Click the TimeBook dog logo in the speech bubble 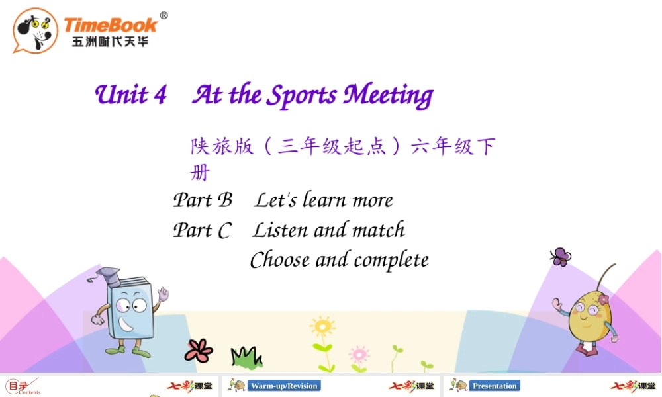tap(36, 31)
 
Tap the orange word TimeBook tap(111, 25)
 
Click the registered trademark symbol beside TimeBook tap(164, 15)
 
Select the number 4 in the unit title tap(160, 95)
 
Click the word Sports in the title tap(303, 96)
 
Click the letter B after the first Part tap(226, 200)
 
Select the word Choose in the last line tap(280, 259)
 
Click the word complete tap(391, 261)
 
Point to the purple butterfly tap(561, 257)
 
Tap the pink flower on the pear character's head tap(604, 300)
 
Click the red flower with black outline tap(199, 351)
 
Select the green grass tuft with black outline tap(246, 357)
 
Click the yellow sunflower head tap(323, 327)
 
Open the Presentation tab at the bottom tap(495, 386)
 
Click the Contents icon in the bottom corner tap(23, 386)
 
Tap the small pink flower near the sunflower tap(359, 355)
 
